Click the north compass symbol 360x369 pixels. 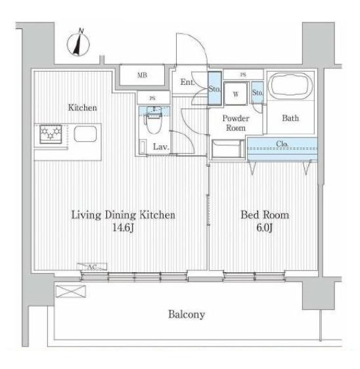(x=78, y=43)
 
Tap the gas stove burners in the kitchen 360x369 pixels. (x=51, y=134)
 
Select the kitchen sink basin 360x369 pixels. (x=85, y=134)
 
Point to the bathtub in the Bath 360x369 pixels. (x=290, y=86)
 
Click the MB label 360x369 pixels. (x=142, y=75)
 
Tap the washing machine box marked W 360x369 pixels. (x=236, y=93)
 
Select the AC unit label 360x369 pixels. (x=92, y=266)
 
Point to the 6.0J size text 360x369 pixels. (x=265, y=228)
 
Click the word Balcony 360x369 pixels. (x=187, y=314)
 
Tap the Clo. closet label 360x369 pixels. (x=282, y=143)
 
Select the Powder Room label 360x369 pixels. (x=236, y=123)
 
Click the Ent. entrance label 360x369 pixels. (x=187, y=82)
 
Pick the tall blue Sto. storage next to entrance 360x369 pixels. (x=215, y=88)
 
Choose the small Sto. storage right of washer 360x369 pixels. (x=258, y=93)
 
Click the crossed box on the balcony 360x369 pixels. (x=71, y=291)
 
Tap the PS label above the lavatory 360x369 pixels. (x=152, y=98)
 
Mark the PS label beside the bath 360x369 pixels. (x=243, y=75)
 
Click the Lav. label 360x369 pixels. (x=161, y=147)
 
